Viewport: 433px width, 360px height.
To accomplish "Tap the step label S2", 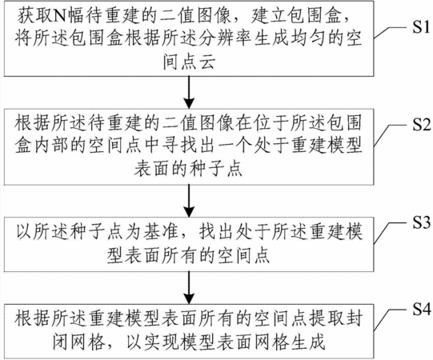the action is (422, 124).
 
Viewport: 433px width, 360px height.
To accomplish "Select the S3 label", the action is (422, 222).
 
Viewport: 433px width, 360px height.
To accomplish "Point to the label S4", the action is (422, 310).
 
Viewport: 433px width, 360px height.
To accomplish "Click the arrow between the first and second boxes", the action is (189, 92).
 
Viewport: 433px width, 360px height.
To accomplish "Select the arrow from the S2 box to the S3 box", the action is (189, 201).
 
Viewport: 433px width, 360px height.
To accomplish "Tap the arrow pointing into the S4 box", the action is (189, 288).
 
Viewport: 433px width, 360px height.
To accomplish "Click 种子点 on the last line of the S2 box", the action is (217, 168).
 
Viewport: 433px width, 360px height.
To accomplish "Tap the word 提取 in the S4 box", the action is (327, 319).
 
